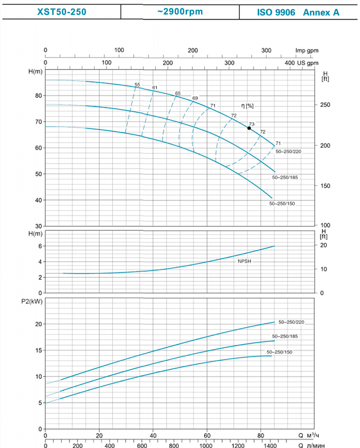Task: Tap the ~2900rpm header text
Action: click(180, 11)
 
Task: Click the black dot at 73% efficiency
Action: click(249, 128)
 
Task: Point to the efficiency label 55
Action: click(137, 84)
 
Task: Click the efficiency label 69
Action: click(195, 98)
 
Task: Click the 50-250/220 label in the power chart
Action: click(292, 322)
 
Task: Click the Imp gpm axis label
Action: click(307, 50)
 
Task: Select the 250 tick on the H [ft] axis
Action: click(326, 105)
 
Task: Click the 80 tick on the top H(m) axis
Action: click(38, 96)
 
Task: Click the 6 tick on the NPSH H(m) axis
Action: click(40, 246)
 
